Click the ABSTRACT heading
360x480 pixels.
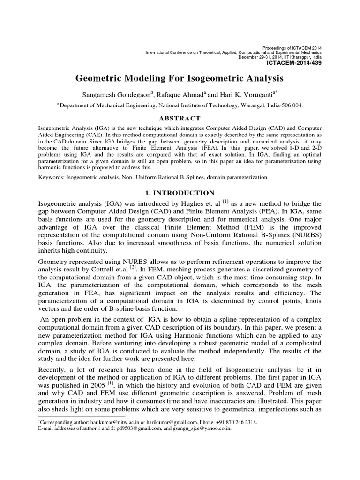point(180,118)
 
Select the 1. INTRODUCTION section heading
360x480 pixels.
point(180,193)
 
